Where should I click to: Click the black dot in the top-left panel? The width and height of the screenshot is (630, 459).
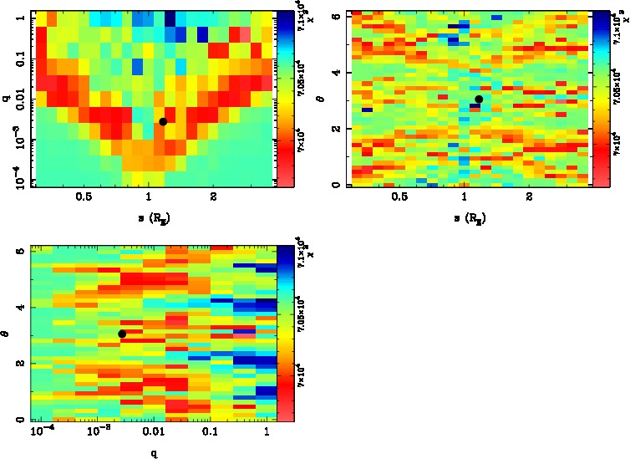pos(163,121)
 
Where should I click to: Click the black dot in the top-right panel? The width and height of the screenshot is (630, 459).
pos(479,99)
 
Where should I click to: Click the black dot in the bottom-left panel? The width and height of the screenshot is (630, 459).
pos(122,334)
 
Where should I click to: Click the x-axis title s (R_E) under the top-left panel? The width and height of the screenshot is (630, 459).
pos(150,219)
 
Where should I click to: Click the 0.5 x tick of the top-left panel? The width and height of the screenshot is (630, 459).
pos(84,197)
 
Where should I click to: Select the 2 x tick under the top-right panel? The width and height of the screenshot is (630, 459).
pos(530,197)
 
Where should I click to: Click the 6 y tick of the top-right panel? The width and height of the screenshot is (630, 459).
pos(333,16)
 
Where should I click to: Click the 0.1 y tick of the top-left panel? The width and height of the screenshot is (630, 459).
pos(17,60)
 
